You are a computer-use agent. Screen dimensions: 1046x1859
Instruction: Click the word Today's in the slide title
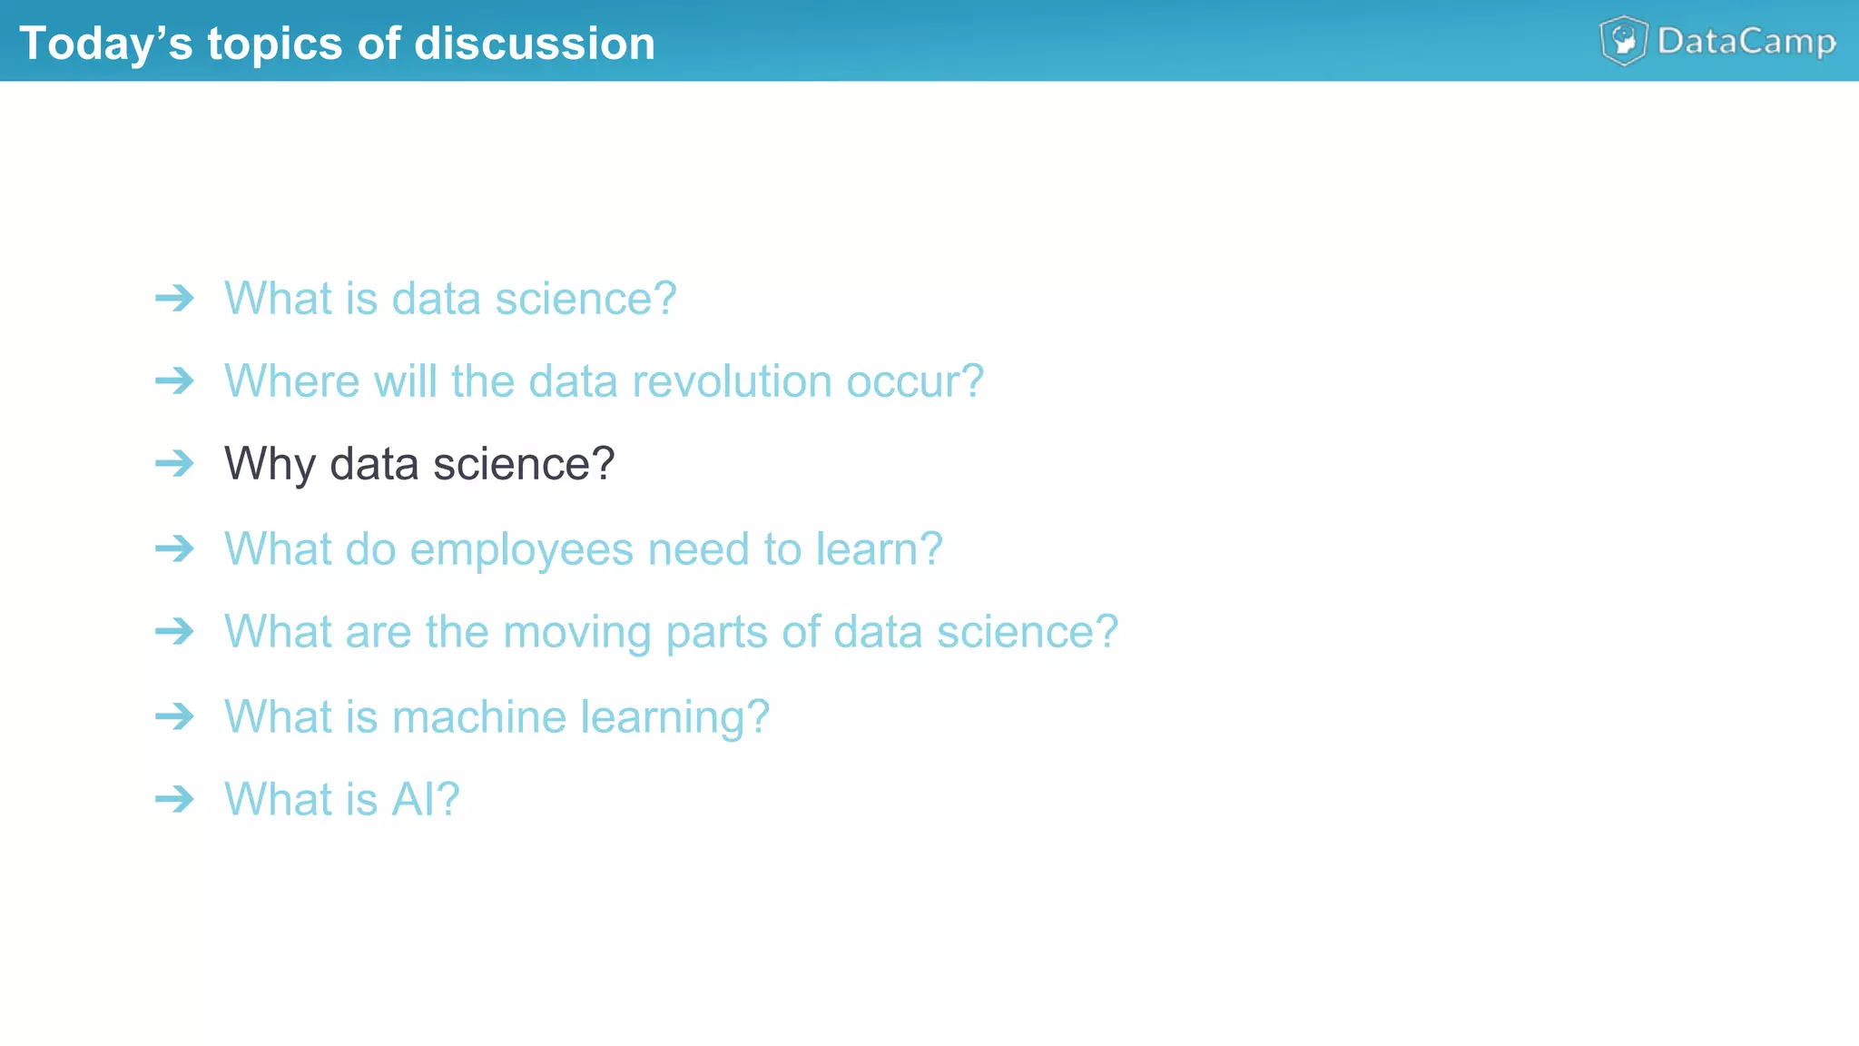pos(105,44)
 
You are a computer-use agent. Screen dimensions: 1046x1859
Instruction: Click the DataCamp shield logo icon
pos(1623,41)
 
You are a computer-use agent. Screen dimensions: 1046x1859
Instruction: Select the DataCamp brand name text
pos(1746,42)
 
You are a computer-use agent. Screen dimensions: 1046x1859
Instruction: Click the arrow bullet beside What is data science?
pos(174,298)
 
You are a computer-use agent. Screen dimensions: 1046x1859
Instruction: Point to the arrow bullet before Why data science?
pos(174,463)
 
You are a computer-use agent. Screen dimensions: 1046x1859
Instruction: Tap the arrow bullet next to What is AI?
pos(174,799)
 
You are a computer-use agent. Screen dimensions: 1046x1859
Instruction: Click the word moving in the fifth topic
pos(576,632)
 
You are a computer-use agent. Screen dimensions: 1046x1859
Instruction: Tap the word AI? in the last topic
pos(425,799)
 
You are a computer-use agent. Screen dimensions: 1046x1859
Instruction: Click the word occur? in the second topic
pos(915,380)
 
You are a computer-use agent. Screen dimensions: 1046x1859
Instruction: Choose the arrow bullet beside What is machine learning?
pos(174,716)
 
